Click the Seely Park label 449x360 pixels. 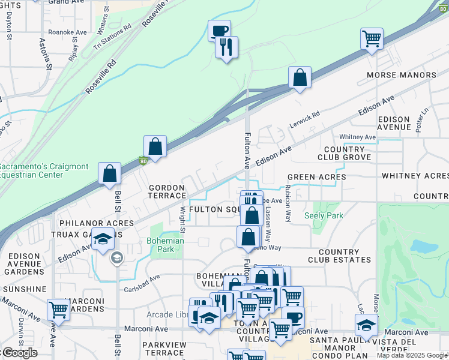(x=324, y=215)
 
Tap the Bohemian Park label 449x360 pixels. (x=165, y=245)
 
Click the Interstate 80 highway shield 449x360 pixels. (x=143, y=161)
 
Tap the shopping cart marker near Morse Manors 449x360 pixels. (x=372, y=40)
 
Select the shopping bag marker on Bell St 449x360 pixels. (x=109, y=173)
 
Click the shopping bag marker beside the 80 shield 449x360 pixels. (x=155, y=147)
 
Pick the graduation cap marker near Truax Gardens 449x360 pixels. (x=103, y=239)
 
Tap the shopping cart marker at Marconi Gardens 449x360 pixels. (x=58, y=310)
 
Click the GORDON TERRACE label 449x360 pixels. (x=167, y=191)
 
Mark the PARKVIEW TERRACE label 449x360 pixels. (x=167, y=349)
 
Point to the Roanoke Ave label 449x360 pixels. (x=67, y=32)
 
